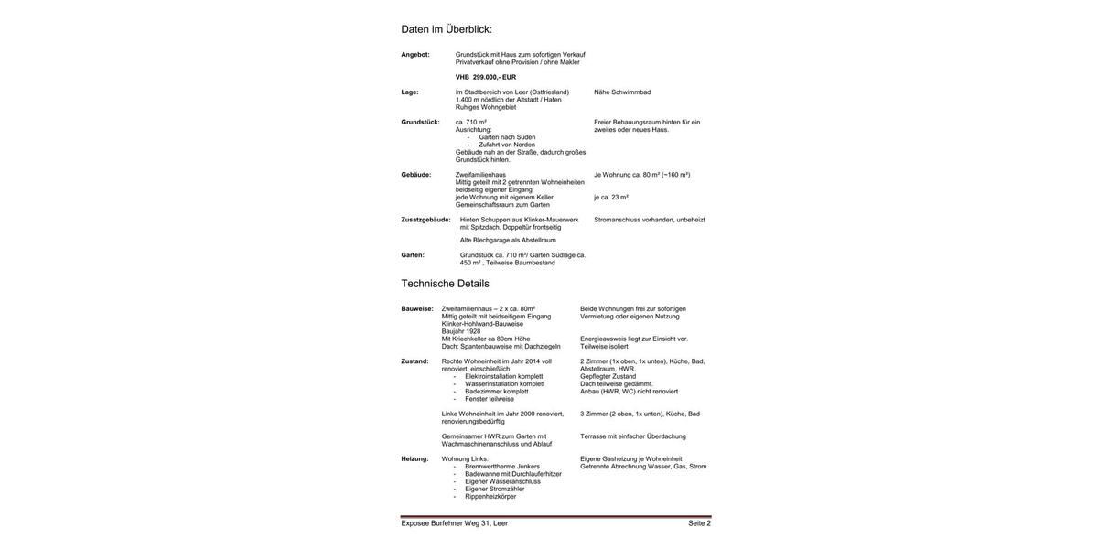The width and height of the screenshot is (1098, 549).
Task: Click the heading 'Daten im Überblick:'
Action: (x=447, y=29)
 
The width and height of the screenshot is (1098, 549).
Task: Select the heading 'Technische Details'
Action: (x=445, y=284)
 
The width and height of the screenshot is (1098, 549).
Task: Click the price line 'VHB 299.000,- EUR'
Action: (x=486, y=77)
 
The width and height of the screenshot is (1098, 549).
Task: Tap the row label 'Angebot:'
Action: (x=415, y=55)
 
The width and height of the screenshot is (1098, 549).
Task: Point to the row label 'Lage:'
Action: (x=410, y=92)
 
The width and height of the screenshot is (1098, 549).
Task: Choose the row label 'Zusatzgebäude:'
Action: (x=425, y=220)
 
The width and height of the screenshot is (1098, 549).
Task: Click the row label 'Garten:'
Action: (x=413, y=255)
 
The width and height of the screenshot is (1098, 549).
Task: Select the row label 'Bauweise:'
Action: (x=417, y=309)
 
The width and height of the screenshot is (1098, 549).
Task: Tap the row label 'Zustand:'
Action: (x=414, y=361)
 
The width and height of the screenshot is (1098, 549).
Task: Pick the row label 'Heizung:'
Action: (x=414, y=459)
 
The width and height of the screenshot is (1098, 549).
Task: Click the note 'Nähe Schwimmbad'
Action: (x=622, y=92)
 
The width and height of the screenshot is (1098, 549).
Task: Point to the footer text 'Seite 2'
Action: (x=699, y=523)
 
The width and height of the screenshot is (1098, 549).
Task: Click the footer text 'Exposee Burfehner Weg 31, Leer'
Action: (x=454, y=523)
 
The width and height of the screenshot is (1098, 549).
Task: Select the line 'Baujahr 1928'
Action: (x=461, y=331)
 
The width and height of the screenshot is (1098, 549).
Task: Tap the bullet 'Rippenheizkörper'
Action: (x=490, y=497)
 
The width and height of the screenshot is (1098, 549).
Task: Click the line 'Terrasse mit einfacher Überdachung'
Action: (x=633, y=436)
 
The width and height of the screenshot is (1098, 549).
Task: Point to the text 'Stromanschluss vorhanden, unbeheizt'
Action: (x=650, y=220)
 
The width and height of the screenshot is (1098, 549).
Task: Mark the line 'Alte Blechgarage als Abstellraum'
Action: (x=508, y=241)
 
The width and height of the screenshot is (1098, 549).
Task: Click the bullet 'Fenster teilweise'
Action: (x=490, y=399)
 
